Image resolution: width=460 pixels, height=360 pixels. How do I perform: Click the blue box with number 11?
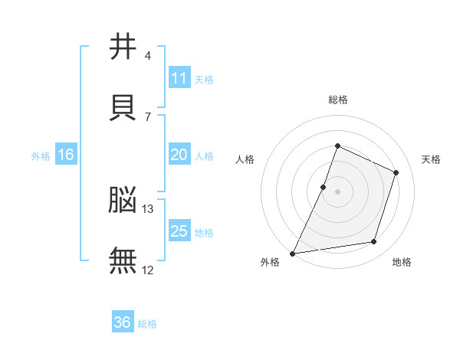click(179, 78)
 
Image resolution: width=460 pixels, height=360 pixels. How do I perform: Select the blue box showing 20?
click(179, 155)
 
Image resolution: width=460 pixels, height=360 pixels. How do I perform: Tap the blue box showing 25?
click(179, 231)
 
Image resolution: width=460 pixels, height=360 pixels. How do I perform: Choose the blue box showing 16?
click(66, 155)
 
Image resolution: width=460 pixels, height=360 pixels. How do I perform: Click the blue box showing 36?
click(123, 322)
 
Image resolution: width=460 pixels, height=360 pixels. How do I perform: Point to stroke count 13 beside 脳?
click(148, 208)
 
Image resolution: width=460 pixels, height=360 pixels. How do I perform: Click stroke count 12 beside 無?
click(148, 270)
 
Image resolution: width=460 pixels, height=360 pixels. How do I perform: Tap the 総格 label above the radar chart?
click(337, 100)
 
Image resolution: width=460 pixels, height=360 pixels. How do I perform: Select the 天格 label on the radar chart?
click(432, 159)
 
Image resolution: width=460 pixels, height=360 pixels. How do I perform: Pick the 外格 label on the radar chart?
click(270, 262)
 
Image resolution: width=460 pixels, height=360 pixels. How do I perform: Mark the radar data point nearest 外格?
click(293, 253)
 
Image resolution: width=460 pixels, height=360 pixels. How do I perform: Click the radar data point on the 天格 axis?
click(396, 172)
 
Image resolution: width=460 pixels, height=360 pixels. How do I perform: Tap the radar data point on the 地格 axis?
click(374, 242)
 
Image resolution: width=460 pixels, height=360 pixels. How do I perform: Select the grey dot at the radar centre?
click(337, 191)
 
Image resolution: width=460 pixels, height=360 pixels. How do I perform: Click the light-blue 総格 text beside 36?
click(147, 324)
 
